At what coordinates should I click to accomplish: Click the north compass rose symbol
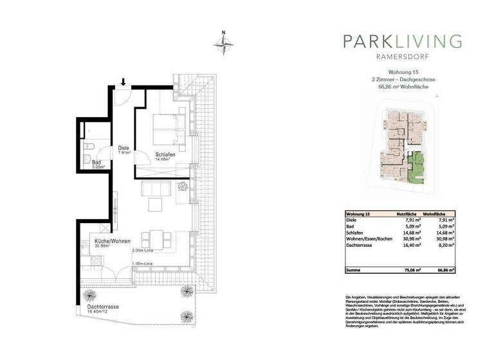click(223, 44)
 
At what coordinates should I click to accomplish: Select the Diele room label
click(123, 148)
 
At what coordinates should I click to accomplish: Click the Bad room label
click(96, 163)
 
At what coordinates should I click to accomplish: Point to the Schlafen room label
click(165, 155)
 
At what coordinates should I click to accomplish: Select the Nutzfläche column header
click(409, 213)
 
